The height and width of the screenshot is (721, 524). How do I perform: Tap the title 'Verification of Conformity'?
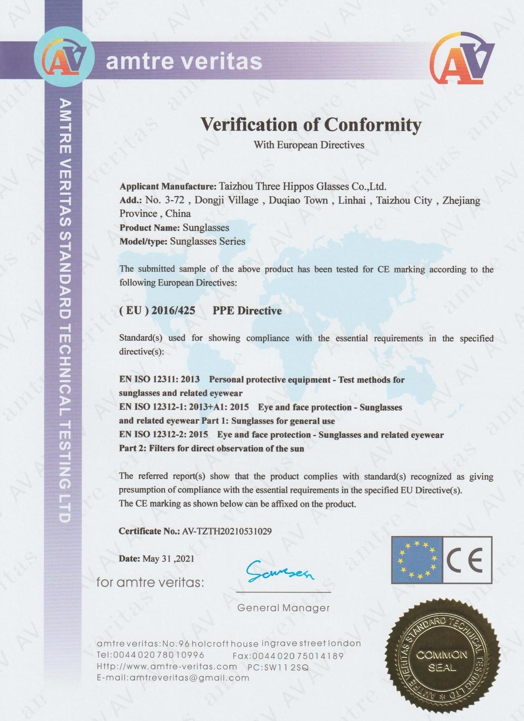pos(310,125)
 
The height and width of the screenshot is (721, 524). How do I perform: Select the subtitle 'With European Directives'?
pos(309,145)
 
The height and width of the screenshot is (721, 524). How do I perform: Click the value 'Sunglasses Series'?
pos(207,241)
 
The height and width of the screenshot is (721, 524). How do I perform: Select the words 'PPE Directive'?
pos(247,311)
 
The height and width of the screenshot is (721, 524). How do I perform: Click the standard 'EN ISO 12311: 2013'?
pos(159,380)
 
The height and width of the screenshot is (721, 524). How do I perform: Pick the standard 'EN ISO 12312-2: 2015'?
pos(163,435)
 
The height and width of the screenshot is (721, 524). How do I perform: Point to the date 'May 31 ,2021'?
pos(168,559)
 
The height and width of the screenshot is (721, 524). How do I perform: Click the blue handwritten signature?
pos(279,571)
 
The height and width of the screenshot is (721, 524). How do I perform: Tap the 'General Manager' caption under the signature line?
pos(283,608)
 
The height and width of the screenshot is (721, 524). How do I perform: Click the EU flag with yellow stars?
pos(417,560)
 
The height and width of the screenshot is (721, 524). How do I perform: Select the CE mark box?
pos(467,560)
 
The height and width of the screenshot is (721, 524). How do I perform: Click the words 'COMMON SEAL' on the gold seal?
pos(442,661)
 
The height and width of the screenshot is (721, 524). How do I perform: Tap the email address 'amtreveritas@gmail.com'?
pos(189,678)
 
